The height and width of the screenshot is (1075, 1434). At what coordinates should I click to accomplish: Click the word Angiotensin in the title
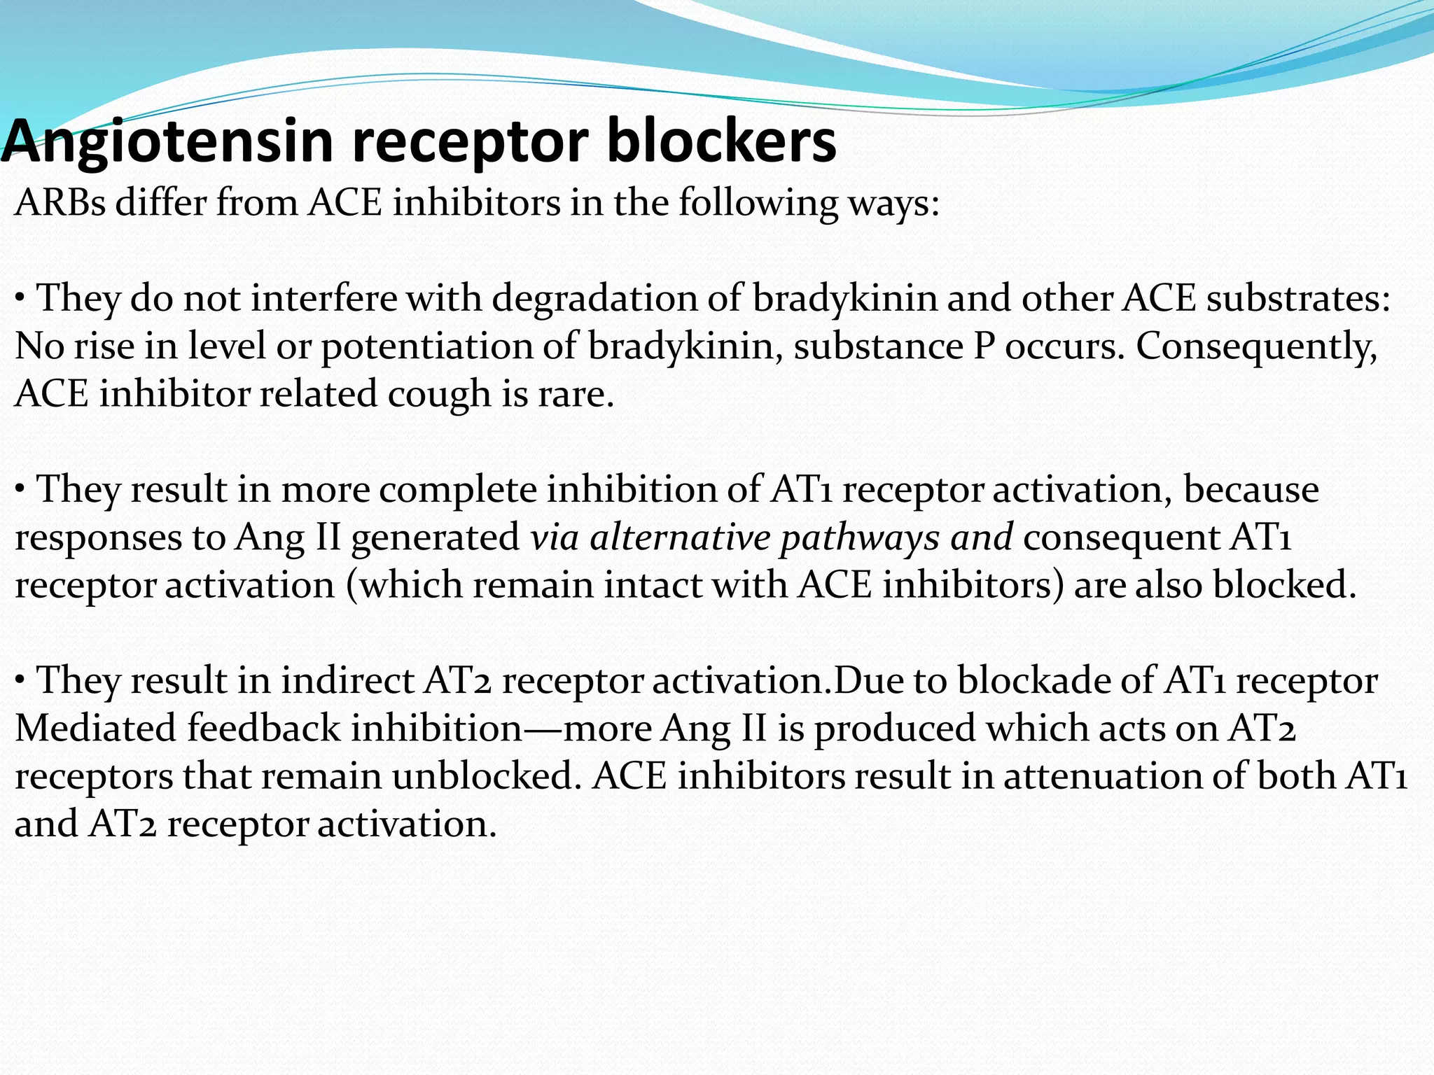(x=167, y=142)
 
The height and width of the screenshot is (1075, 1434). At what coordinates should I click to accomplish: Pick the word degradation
(x=594, y=300)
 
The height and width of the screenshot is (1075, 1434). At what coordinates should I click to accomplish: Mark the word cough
(x=439, y=395)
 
